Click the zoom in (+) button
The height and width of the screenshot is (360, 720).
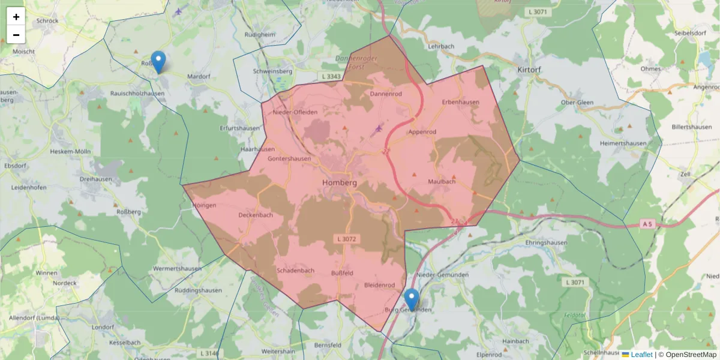click(x=16, y=17)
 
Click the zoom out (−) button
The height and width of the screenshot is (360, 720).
click(x=16, y=35)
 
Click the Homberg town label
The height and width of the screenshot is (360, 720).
click(x=340, y=183)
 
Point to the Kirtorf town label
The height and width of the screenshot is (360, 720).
click(x=529, y=70)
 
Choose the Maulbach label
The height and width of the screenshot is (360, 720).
click(x=442, y=181)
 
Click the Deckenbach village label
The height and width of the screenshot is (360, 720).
click(x=256, y=215)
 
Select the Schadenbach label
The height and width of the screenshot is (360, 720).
click(x=295, y=271)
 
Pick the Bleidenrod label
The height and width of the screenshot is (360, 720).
click(x=379, y=285)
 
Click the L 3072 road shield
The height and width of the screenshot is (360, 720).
click(x=347, y=239)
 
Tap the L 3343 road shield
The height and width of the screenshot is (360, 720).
click(x=331, y=76)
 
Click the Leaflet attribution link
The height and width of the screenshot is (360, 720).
click(x=641, y=355)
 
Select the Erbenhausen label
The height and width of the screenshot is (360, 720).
click(x=461, y=102)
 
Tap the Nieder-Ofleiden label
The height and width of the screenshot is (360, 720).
click(x=295, y=112)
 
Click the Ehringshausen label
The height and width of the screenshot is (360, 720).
click(x=547, y=242)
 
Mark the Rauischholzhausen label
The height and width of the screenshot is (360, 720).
click(x=138, y=93)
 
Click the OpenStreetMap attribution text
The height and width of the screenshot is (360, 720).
click(x=691, y=355)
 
